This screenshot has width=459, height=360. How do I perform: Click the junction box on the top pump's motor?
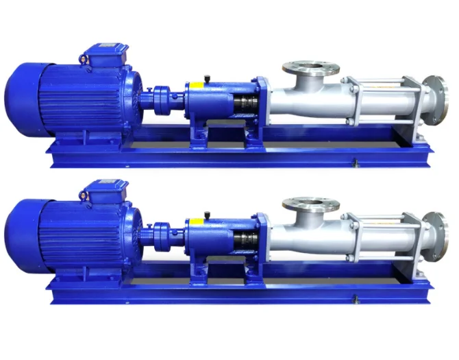(x=103, y=54)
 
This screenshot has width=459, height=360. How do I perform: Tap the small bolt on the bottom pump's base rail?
(x=355, y=298)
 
